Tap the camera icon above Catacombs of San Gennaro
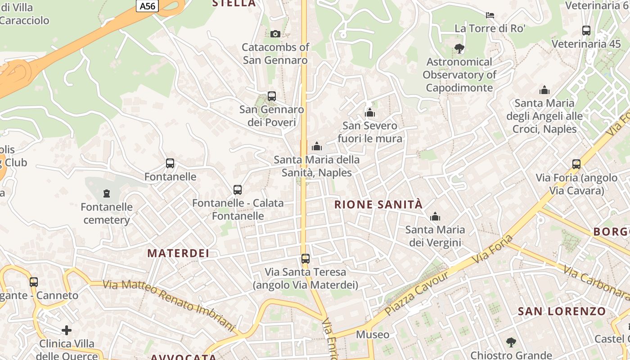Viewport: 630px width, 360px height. click(275, 34)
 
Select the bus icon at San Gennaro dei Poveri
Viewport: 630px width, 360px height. click(272, 96)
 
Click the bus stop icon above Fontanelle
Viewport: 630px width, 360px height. click(170, 163)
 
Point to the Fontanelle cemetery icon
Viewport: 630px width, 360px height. click(107, 193)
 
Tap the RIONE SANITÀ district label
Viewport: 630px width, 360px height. click(378, 205)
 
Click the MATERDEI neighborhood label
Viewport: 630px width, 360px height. click(178, 253)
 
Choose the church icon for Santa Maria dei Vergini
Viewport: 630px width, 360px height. click(435, 217)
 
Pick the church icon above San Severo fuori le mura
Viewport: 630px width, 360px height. click(370, 112)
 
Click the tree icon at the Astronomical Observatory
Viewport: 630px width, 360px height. click(459, 48)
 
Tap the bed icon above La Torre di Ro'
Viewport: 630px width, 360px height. click(490, 15)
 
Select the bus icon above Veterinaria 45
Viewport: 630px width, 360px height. click(586, 31)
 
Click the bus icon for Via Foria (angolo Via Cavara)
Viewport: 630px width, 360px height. click(576, 164)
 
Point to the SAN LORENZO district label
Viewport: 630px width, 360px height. click(562, 311)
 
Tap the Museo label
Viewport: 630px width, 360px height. click(373, 334)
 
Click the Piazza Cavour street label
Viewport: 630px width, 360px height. click(418, 293)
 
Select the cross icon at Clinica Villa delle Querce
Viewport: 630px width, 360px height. click(67, 330)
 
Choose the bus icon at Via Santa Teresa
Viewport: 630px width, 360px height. click(306, 259)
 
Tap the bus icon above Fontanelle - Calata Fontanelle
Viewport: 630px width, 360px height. click(238, 190)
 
